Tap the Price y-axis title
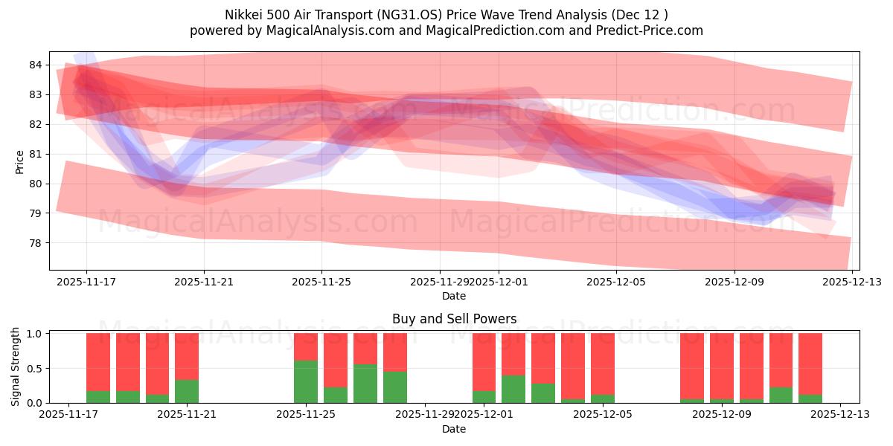coord(19,161)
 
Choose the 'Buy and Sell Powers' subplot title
coord(454,319)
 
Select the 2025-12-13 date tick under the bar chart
coord(840,415)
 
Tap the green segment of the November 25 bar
coord(306,381)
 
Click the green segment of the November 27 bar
coord(365,384)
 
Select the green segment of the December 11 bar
coord(781,395)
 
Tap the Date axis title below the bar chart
coord(454,429)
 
